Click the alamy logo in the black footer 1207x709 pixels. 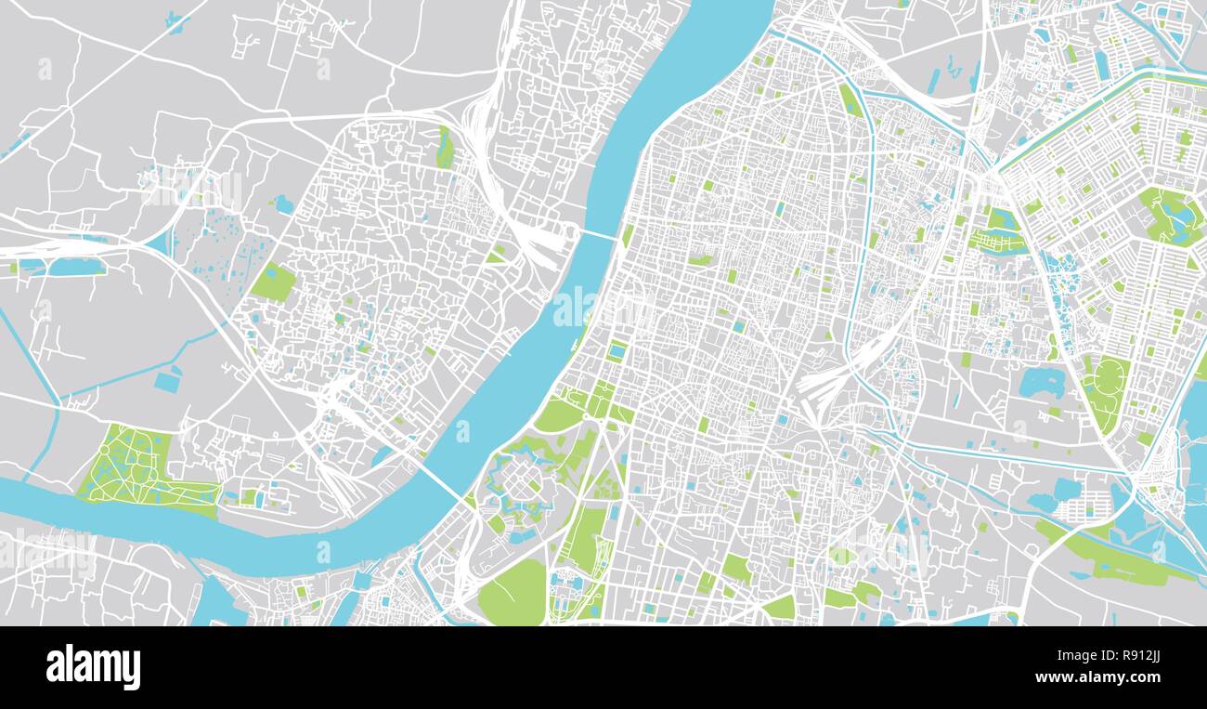[x=93, y=667]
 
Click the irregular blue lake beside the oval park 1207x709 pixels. [x=1041, y=382]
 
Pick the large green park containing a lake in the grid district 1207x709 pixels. [x=1172, y=216]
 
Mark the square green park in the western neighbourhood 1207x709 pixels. [x=273, y=282]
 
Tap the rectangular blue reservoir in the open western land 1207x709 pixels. [x=168, y=382]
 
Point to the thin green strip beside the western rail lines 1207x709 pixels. [x=445, y=149]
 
